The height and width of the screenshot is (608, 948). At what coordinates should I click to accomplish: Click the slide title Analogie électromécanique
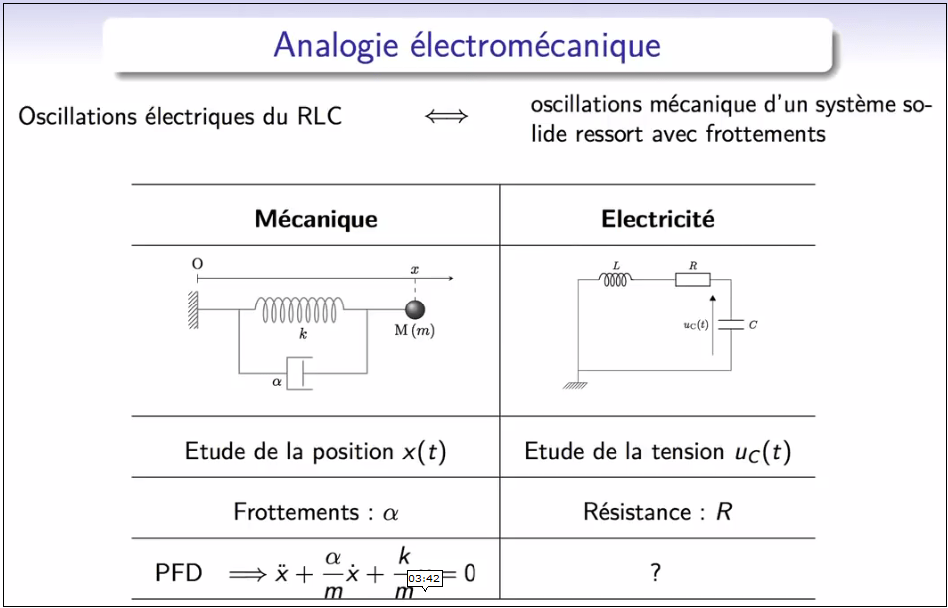click(468, 45)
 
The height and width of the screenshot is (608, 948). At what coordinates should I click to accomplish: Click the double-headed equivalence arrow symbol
click(446, 117)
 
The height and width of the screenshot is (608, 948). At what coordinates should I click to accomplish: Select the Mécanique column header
click(316, 219)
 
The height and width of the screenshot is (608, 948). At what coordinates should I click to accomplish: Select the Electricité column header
click(657, 219)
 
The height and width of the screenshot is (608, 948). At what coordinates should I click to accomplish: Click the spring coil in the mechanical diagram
click(303, 309)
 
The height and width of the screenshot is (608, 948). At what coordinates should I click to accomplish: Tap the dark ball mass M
click(414, 308)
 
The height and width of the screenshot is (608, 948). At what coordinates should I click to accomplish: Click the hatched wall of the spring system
click(189, 309)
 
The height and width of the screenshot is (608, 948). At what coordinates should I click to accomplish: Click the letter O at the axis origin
click(197, 264)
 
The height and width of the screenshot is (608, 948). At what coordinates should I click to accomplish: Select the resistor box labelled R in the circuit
click(692, 279)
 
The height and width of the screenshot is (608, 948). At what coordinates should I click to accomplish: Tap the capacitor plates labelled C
click(733, 324)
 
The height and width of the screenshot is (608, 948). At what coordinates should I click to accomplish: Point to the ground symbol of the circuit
click(574, 384)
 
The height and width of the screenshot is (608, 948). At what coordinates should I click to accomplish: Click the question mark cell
click(656, 572)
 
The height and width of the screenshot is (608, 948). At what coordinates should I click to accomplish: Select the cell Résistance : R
click(657, 513)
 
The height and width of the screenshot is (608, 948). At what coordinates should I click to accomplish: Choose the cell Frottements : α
click(316, 513)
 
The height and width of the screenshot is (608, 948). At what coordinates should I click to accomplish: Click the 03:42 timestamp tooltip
click(424, 578)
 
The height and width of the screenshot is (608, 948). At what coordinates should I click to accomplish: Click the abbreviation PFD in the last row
click(179, 573)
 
